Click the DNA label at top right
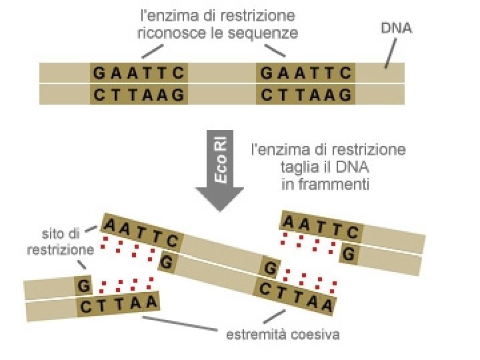(396, 29)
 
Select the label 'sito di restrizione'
(60, 241)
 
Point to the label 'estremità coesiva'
(283, 334)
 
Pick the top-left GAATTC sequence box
(139, 72)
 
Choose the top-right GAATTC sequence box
(305, 72)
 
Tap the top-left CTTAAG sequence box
(139, 95)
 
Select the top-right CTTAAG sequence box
(305, 95)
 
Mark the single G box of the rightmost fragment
(349, 253)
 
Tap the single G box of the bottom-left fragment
(83, 285)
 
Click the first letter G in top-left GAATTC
(99, 72)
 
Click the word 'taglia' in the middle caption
(297, 167)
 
